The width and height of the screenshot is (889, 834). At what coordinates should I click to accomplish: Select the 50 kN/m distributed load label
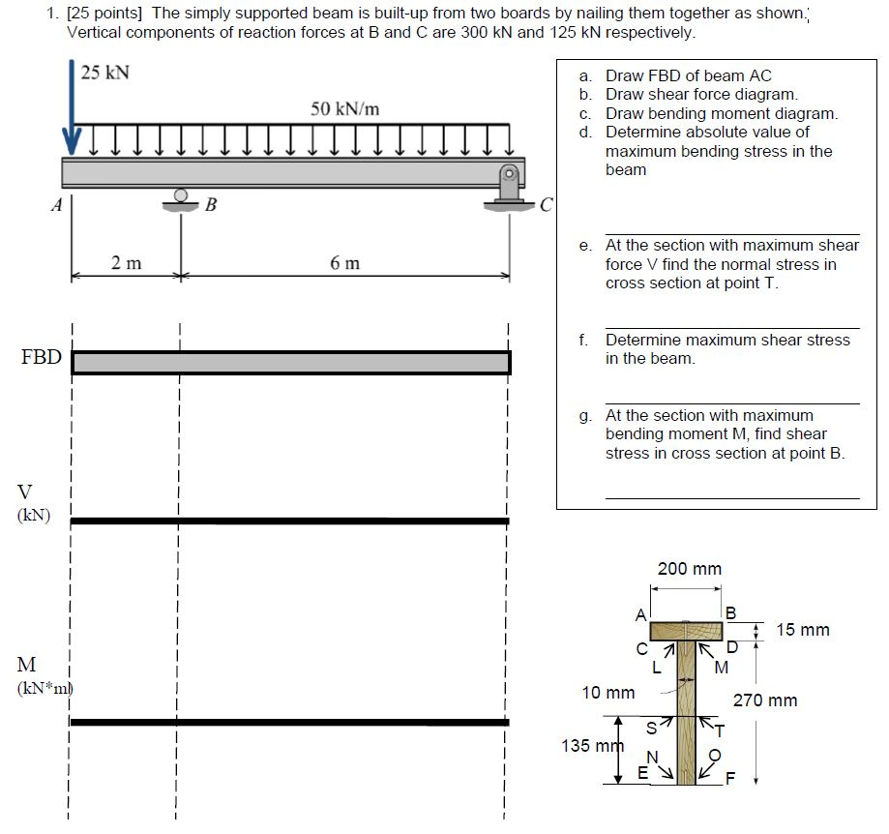tap(344, 108)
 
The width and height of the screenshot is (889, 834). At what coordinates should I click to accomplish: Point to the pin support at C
tap(509, 186)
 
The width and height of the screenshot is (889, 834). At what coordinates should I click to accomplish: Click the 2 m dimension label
tap(126, 263)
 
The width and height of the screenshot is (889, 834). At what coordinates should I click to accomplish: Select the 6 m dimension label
tap(344, 263)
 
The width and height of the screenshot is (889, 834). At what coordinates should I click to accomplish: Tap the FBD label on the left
tap(41, 358)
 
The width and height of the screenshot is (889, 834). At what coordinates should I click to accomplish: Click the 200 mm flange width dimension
tap(689, 569)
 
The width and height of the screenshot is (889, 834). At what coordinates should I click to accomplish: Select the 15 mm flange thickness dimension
tap(802, 630)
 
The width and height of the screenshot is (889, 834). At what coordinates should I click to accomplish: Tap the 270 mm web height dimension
tap(764, 700)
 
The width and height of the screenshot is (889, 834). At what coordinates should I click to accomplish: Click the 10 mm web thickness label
tap(607, 693)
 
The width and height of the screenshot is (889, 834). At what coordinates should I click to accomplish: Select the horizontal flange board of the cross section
tap(687, 632)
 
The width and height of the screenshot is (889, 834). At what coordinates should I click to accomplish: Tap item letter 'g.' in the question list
tap(585, 415)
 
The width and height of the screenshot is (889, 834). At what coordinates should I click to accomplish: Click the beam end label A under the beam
tap(57, 204)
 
